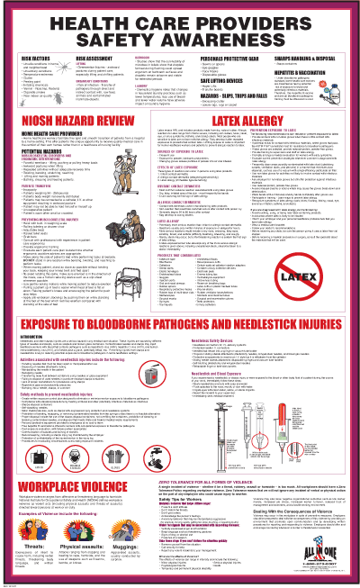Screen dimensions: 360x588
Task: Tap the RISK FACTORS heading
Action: tap(39, 53)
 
